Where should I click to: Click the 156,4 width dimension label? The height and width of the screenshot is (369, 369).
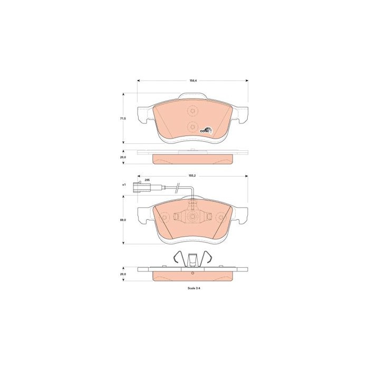[x=193, y=81]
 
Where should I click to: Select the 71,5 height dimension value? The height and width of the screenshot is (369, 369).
[x=123, y=119]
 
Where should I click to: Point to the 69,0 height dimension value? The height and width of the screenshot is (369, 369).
[x=123, y=220]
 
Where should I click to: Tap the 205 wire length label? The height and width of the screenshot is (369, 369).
[x=147, y=180]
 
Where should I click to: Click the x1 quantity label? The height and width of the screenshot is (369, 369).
[x=124, y=184]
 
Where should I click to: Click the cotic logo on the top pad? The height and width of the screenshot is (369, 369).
[x=206, y=130]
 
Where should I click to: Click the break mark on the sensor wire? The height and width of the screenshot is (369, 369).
[x=178, y=188]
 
